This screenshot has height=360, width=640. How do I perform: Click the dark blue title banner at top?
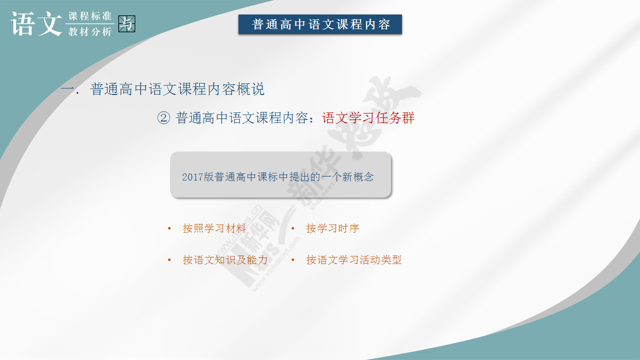pyautogui.click(x=320, y=24)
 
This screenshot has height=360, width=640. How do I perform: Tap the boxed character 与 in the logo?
pyautogui.click(x=126, y=23)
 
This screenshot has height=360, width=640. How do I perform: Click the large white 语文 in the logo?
pyautogui.click(x=36, y=24)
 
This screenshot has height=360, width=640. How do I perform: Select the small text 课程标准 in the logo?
pyautogui.click(x=90, y=16)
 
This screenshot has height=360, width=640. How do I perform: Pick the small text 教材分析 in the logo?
pyautogui.click(x=90, y=31)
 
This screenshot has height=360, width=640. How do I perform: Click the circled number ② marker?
pyautogui.click(x=163, y=117)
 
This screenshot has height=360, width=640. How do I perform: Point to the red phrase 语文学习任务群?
pyautogui.click(x=368, y=117)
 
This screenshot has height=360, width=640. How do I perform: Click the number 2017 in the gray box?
pyautogui.click(x=192, y=177)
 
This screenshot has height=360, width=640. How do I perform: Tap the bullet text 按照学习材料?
pyautogui.click(x=214, y=228)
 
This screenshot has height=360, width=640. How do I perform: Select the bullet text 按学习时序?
pyautogui.click(x=332, y=228)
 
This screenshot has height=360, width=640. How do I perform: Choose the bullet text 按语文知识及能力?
pyautogui.click(x=225, y=259)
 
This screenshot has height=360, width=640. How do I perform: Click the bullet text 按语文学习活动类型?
pyautogui.click(x=353, y=259)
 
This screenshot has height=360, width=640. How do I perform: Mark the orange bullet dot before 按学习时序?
pyautogui.click(x=293, y=228)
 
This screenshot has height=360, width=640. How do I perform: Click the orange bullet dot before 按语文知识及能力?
pyautogui.click(x=169, y=259)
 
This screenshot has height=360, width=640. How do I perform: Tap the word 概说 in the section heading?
pyautogui.click(x=251, y=89)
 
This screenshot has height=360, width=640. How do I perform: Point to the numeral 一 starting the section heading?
pyautogui.click(x=67, y=88)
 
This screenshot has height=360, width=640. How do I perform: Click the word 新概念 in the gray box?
pyautogui.click(x=357, y=177)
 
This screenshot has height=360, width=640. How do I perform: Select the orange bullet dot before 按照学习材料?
pyautogui.click(x=169, y=228)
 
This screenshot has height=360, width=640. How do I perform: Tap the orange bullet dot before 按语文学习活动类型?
pyautogui.click(x=293, y=259)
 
